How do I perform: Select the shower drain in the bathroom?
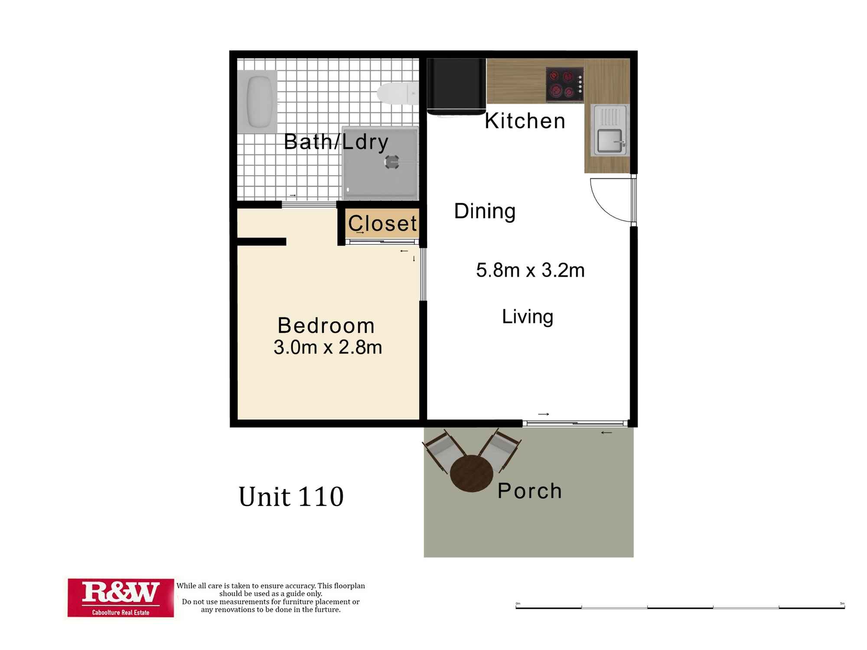[x=391, y=162]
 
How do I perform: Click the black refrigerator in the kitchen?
[x=456, y=86]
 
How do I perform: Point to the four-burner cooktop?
[x=564, y=84]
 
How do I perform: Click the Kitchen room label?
[x=525, y=121]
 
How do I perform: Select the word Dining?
[x=485, y=211]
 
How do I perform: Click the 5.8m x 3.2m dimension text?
[x=530, y=270]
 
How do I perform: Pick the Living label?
[x=528, y=317]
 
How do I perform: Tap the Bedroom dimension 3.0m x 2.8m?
[x=328, y=347]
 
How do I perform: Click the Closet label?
[x=382, y=224]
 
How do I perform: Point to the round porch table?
[x=471, y=473]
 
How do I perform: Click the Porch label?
[x=529, y=491]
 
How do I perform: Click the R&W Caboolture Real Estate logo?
[x=121, y=598]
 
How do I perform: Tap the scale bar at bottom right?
[x=680, y=607]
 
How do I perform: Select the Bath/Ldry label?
[x=336, y=142]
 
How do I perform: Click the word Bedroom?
[x=326, y=325]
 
